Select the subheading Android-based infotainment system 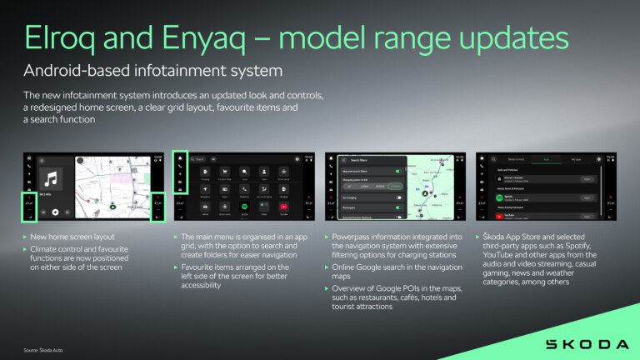[152, 70]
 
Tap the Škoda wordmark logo [587, 343]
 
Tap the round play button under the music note [54, 212]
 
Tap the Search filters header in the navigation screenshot [359, 159]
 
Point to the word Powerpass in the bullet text [352, 237]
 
